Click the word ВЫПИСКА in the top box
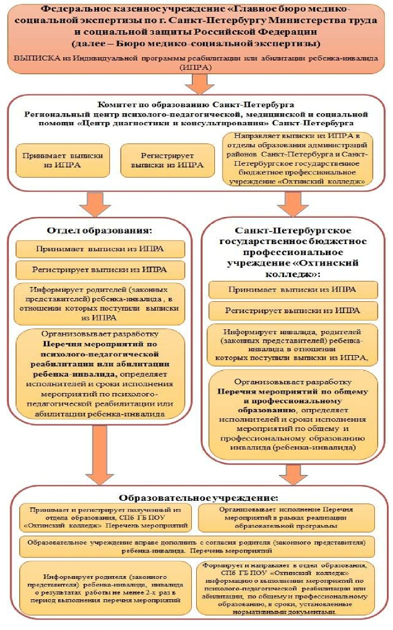click(x=33, y=57)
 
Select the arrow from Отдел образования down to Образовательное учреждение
click(x=99, y=451)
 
